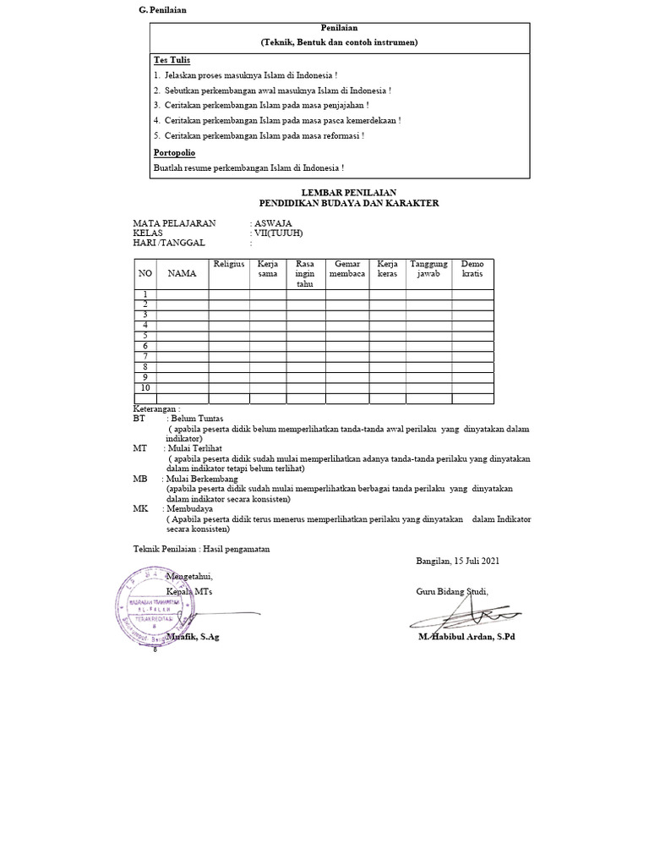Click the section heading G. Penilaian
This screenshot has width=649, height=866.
tap(162, 9)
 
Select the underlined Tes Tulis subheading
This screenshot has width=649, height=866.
tap(172, 60)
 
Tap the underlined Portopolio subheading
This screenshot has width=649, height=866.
tap(174, 153)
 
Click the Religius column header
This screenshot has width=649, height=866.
tap(229, 265)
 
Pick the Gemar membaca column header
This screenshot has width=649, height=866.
tap(347, 270)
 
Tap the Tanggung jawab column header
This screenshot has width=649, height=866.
tap(428, 270)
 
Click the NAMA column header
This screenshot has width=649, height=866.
tap(182, 274)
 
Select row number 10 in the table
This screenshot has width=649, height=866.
tap(145, 387)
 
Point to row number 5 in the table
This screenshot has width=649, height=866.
tap(145, 336)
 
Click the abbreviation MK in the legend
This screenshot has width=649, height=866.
tap(140, 510)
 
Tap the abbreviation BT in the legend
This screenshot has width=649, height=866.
tap(139, 419)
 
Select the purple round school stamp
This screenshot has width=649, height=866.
tap(150, 606)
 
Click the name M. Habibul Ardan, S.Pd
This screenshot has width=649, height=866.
tap(466, 637)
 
